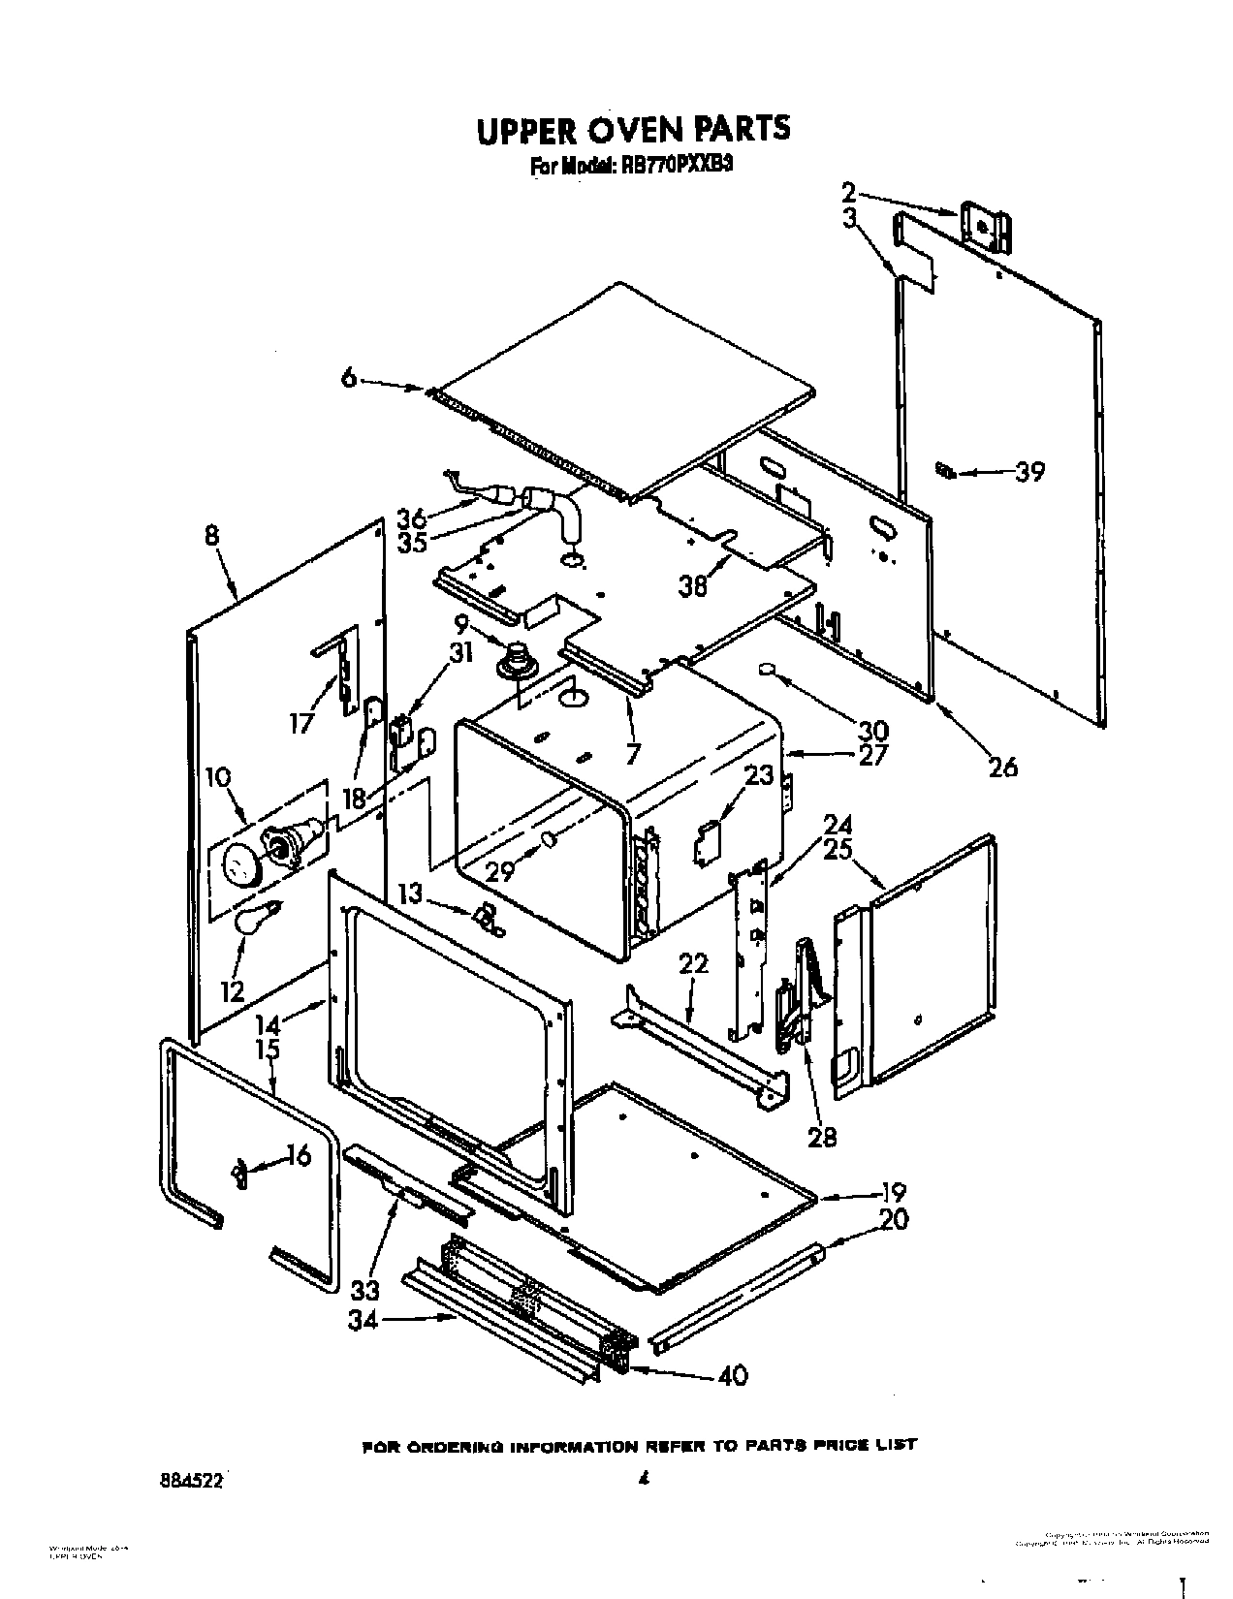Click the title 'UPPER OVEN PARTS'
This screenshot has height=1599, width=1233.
click(x=633, y=131)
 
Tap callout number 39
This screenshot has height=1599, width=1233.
click(x=1029, y=473)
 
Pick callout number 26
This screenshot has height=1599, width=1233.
click(x=1004, y=767)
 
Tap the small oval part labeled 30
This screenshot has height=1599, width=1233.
click(x=768, y=669)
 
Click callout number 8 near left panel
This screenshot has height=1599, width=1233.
click(x=212, y=536)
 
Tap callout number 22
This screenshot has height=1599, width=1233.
click(x=694, y=963)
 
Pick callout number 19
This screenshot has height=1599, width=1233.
click(x=895, y=1192)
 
